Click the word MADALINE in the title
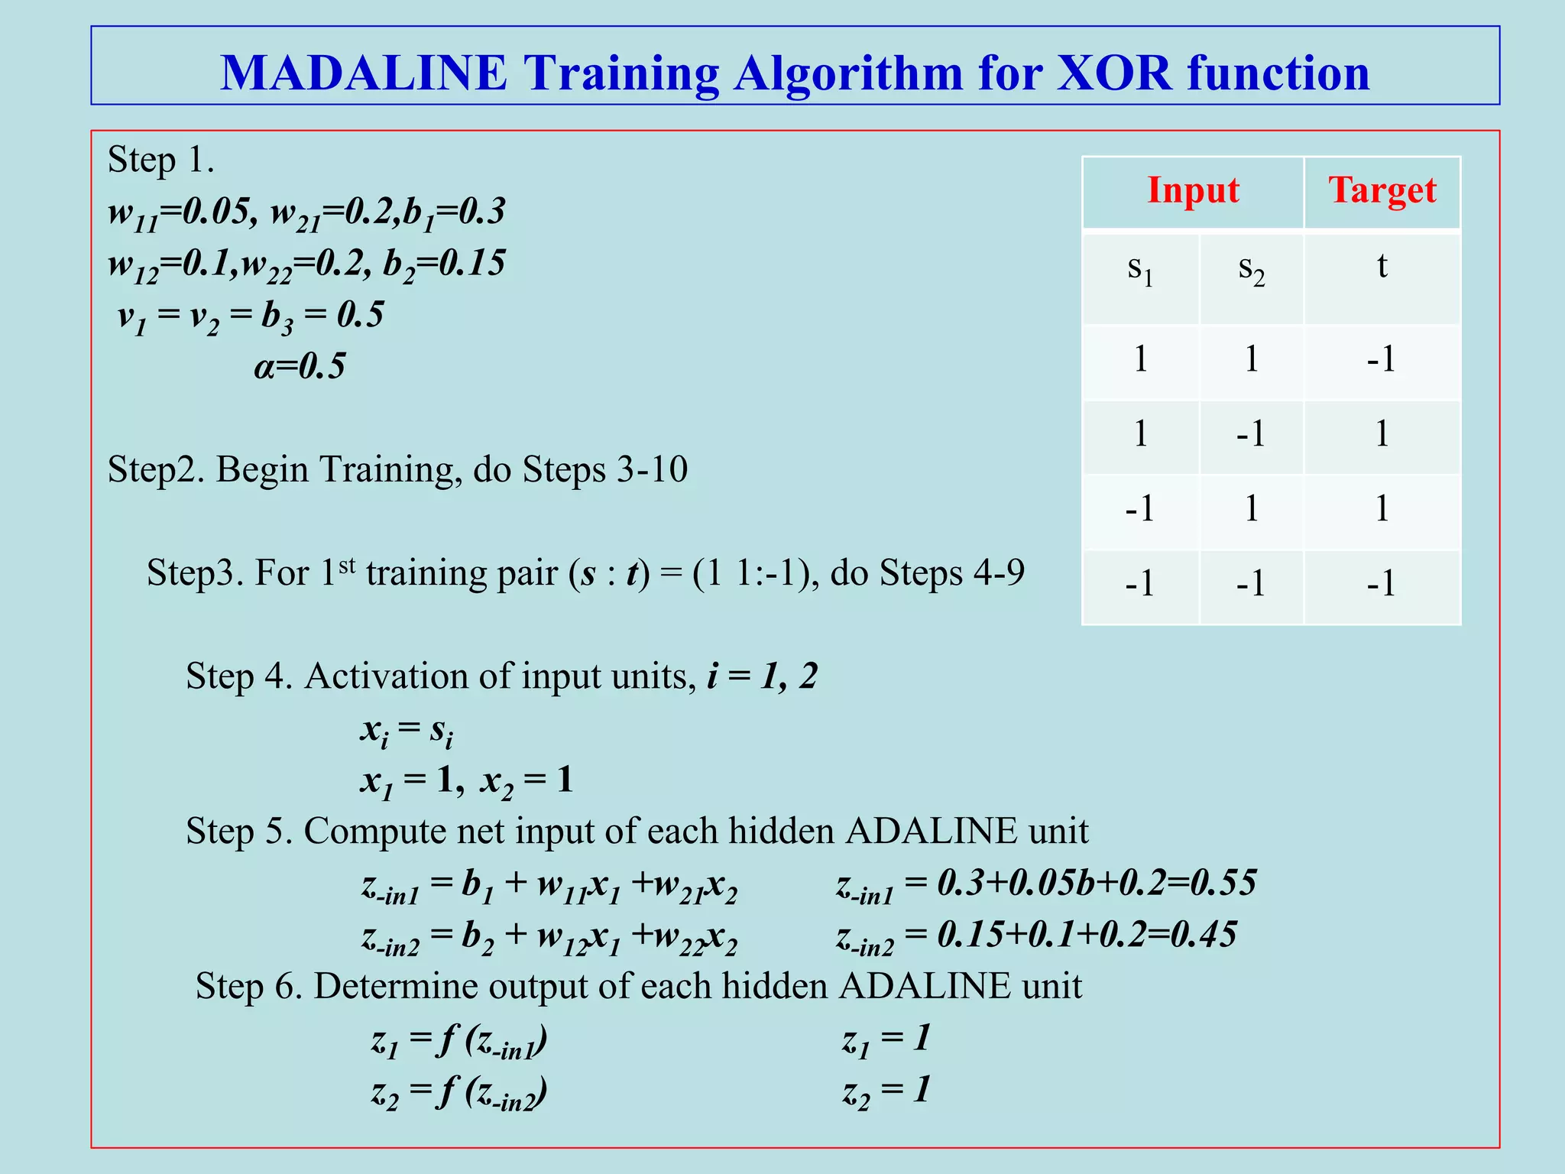(x=363, y=73)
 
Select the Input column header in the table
(x=1192, y=190)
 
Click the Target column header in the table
(x=1382, y=190)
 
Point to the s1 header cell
(x=1140, y=269)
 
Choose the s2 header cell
(x=1251, y=269)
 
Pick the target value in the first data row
(x=1381, y=358)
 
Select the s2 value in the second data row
(x=1251, y=434)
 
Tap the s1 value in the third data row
(x=1139, y=508)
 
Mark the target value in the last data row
(x=1381, y=583)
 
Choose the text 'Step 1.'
(x=160, y=160)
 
